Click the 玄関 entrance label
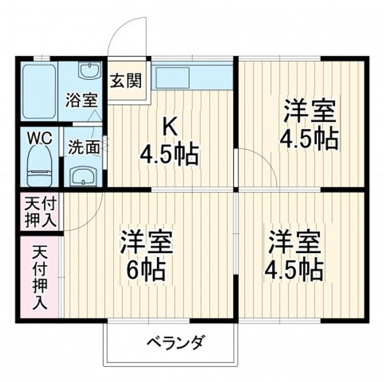126,81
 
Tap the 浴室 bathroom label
81,100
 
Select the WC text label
39,138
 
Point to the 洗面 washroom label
84,148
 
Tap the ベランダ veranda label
175,341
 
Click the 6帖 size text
146,271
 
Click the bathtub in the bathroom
38,92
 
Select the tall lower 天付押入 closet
40,277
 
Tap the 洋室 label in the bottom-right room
294,243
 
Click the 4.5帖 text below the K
169,155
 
